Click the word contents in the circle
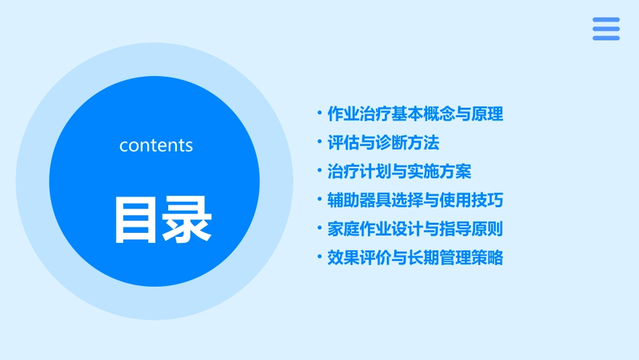(156, 145)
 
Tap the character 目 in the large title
(137, 219)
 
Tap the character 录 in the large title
(187, 219)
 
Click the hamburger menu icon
(606, 29)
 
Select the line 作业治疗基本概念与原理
(415, 114)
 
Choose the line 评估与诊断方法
(383, 143)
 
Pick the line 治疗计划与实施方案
(399, 172)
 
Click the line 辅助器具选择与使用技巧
(415, 201)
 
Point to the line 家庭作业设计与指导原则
(415, 229)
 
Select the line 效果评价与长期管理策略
(415, 258)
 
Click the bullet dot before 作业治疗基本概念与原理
(319, 113)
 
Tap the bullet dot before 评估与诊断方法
(319, 142)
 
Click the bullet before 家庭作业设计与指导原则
(319, 228)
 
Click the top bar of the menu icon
(606, 20)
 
